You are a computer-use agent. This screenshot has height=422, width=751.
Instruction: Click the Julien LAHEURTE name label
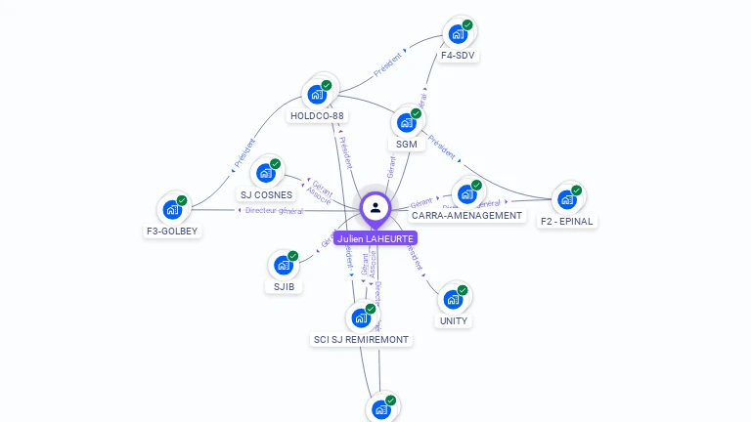click(375, 237)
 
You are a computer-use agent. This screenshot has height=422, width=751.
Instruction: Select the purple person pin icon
click(375, 208)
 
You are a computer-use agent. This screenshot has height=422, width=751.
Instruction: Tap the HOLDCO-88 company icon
click(317, 94)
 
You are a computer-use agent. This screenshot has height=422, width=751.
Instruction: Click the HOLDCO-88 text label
click(317, 116)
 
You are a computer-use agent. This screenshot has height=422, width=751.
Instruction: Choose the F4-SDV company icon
click(458, 34)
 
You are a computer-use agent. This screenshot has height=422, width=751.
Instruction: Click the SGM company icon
click(407, 123)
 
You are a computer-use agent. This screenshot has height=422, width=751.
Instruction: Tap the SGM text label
click(407, 145)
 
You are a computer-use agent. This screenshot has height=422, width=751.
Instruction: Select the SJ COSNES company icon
click(265, 174)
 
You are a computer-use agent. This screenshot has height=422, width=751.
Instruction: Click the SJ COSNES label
click(266, 195)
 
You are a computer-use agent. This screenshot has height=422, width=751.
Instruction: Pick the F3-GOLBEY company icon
click(173, 209)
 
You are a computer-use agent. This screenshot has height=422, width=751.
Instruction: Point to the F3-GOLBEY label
click(172, 232)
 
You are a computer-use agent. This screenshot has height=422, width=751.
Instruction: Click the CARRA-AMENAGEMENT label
click(466, 216)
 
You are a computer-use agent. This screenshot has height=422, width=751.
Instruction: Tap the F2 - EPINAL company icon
click(567, 199)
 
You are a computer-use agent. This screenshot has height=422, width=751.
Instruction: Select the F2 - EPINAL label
click(567, 222)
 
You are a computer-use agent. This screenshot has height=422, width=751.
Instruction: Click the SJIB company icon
click(284, 265)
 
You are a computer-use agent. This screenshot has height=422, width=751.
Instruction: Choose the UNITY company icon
click(453, 299)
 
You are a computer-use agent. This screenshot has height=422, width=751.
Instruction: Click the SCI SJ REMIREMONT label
click(362, 340)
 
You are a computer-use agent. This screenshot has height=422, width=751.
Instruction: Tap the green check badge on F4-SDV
click(467, 25)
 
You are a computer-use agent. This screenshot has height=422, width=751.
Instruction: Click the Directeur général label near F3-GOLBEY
click(274, 210)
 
